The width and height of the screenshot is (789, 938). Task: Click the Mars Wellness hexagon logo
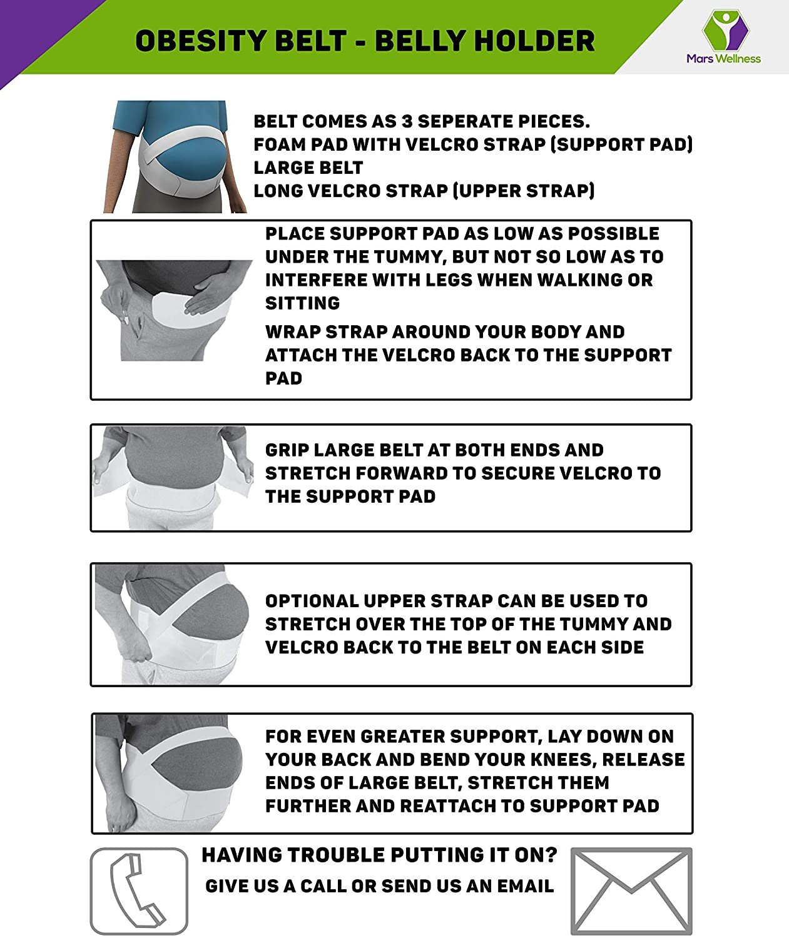tap(725, 30)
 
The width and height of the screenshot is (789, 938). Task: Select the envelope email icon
tap(631, 891)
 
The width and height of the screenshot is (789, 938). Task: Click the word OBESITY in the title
tap(200, 41)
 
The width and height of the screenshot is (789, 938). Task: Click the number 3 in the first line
tap(407, 121)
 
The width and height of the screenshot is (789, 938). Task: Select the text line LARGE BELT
tap(308, 168)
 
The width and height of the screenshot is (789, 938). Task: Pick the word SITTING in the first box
tap(303, 303)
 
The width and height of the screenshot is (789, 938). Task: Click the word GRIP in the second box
tap(287, 450)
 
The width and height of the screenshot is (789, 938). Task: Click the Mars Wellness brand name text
tap(724, 58)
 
